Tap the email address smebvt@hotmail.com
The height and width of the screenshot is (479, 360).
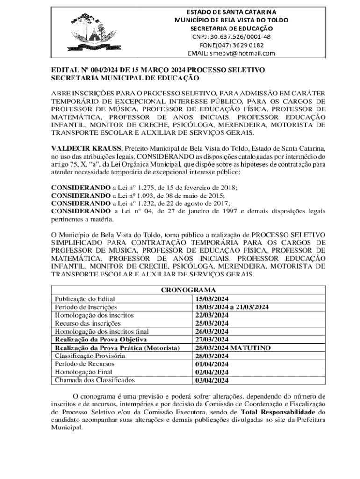click(231, 53)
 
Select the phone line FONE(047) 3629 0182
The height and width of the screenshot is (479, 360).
click(231, 45)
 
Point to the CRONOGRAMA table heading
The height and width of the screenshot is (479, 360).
click(188, 290)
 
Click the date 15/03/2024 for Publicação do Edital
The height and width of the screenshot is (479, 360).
click(212, 299)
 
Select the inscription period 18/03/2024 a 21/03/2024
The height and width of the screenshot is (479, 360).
click(232, 307)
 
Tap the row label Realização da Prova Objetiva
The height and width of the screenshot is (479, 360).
click(101, 340)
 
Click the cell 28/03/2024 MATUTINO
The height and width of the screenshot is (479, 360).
click(233, 348)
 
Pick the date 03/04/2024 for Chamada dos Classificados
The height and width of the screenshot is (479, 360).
click(212, 380)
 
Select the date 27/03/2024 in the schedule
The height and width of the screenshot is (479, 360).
click(212, 340)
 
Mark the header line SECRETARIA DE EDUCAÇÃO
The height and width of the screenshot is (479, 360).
click(231, 29)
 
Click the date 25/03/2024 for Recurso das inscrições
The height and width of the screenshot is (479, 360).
click(212, 323)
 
